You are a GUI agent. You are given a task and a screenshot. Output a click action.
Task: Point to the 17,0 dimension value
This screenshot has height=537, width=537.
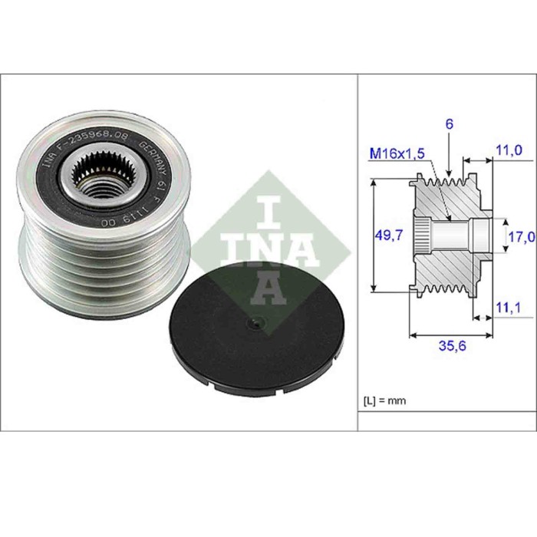click(x=522, y=237)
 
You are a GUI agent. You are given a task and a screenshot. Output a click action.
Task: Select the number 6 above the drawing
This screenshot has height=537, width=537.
click(x=450, y=123)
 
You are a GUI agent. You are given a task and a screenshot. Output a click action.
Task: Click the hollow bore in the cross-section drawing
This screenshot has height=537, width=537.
click(x=456, y=233)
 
